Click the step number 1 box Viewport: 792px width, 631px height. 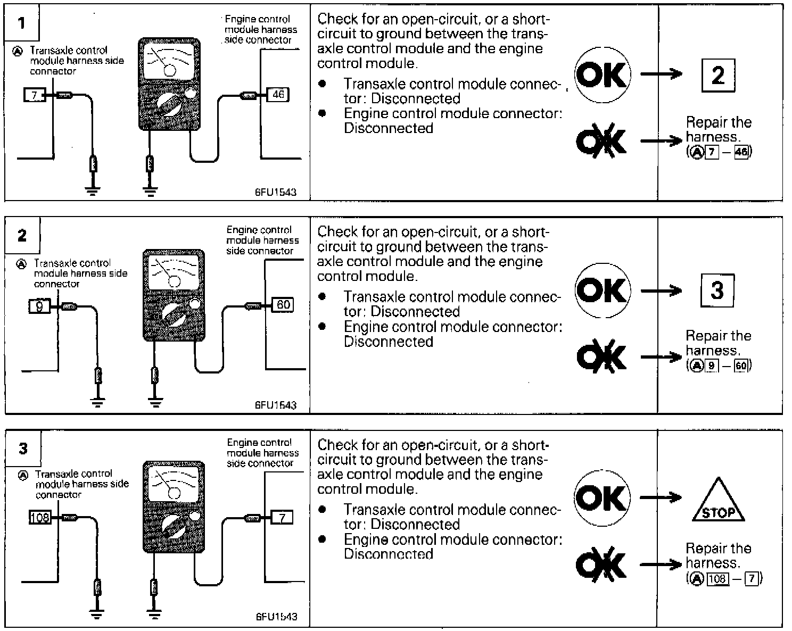tap(22, 23)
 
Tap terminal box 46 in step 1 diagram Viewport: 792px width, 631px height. tap(278, 95)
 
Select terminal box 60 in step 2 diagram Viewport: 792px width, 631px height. tap(283, 305)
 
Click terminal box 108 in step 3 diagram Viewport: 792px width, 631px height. tap(40, 517)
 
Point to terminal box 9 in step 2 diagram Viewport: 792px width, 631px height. tap(39, 306)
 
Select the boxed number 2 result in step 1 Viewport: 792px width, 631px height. tap(717, 75)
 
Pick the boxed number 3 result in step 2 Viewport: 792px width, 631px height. tap(716, 290)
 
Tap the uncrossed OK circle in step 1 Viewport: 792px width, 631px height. tap(602, 74)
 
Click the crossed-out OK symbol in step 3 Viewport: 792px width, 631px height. tap(601, 564)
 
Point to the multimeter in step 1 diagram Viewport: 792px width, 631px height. tap(169, 84)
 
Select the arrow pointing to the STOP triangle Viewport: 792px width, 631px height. tap(661, 498)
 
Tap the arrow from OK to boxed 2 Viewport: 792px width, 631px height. tap(661, 74)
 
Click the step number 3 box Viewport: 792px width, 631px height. tap(23, 449)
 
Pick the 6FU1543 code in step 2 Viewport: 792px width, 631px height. tap(275, 405)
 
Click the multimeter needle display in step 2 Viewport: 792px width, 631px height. tap(174, 272)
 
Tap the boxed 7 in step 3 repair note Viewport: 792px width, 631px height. tap(751, 578)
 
